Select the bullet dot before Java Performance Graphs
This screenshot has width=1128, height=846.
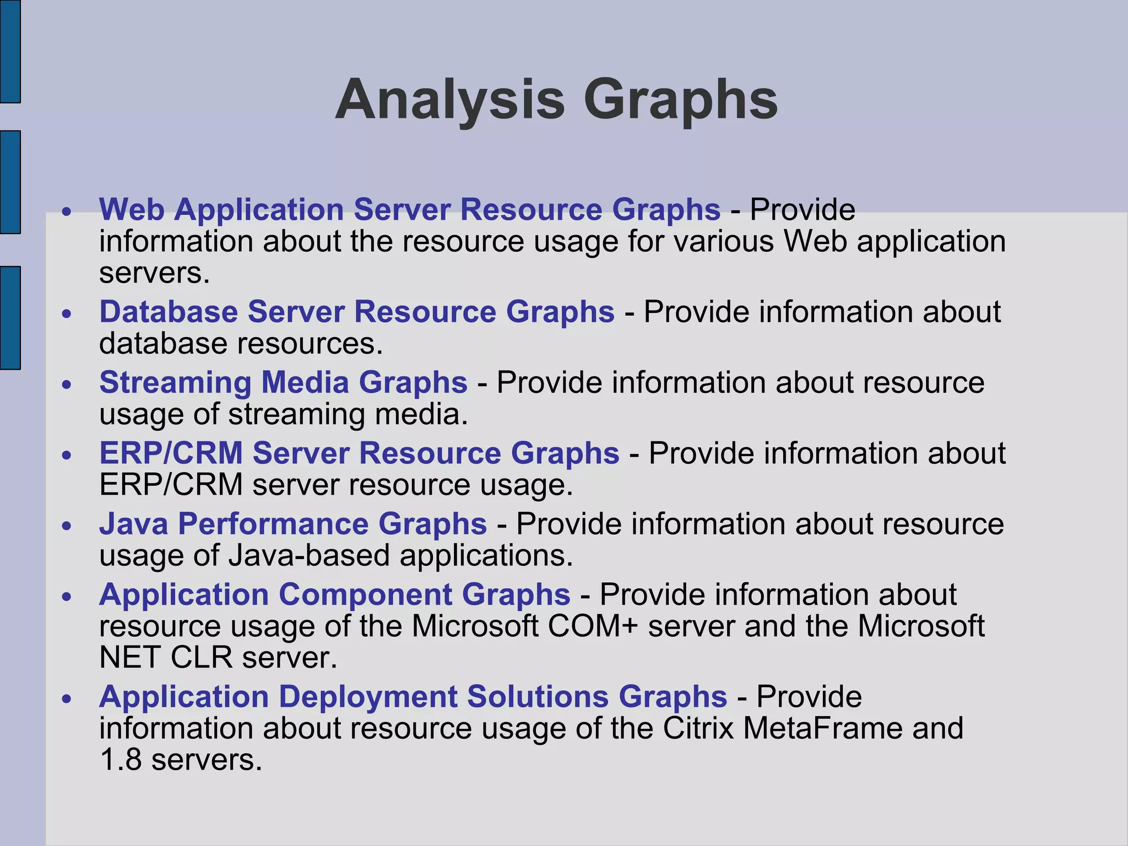67,527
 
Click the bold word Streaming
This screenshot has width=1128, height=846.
175,382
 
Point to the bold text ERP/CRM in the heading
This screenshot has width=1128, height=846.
171,453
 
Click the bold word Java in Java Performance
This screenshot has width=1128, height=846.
133,523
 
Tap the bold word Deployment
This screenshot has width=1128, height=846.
368,697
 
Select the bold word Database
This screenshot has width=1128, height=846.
169,312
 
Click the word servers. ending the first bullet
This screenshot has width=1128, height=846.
154,273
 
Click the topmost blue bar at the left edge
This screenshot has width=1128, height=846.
10,51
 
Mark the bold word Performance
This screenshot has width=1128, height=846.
273,523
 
